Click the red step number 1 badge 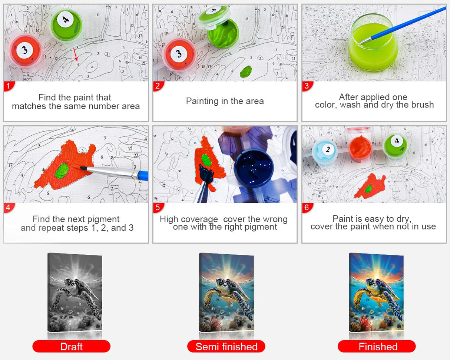tap(9, 86)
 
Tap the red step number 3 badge tap(307, 86)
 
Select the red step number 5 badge tap(158, 208)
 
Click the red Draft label tap(71, 347)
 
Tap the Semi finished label tap(226, 347)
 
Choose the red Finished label tap(378, 347)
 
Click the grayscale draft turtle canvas tap(75, 293)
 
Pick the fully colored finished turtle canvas tap(376, 293)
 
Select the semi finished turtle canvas tap(226, 293)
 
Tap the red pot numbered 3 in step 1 tap(24, 51)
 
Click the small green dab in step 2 tap(246, 71)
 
